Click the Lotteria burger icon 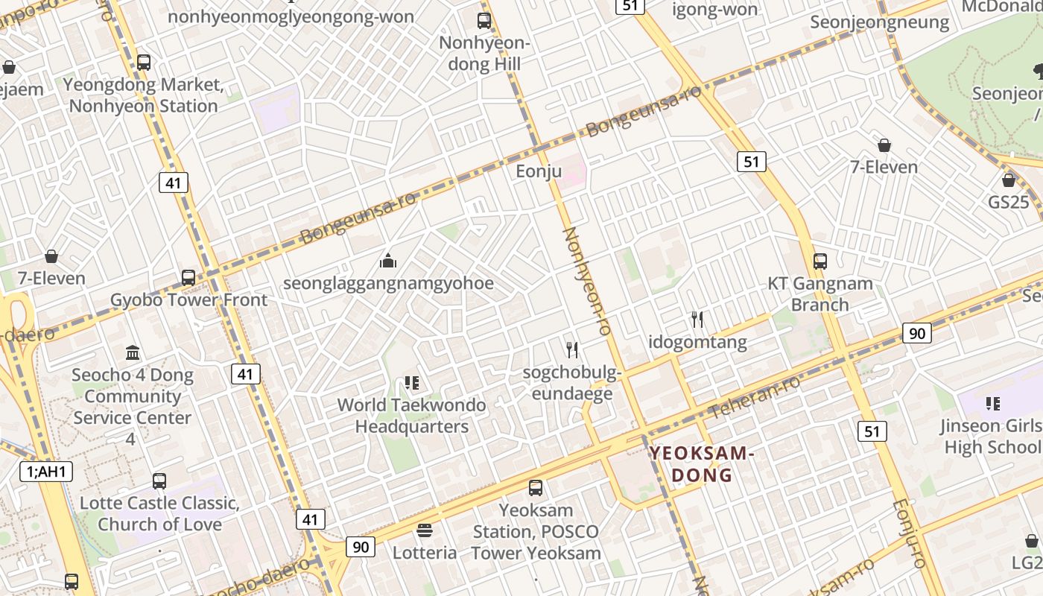coord(425,530)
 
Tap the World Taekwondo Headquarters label coord(411,416)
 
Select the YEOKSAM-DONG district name coord(702,463)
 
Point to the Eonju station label coord(539,171)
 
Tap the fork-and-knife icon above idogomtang coord(697,320)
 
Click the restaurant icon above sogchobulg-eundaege coord(572,349)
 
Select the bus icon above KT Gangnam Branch coord(820,261)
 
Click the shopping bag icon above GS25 coord(1009,180)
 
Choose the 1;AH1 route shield coord(45,471)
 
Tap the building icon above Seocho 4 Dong coord(133,352)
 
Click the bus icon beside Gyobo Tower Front coord(188,278)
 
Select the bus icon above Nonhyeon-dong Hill coord(484,21)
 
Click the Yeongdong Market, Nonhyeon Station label coord(143,95)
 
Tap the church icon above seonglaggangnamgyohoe coord(388,261)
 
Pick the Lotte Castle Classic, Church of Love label coord(159,513)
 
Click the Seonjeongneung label coord(880,22)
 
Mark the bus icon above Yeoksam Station coord(536,488)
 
